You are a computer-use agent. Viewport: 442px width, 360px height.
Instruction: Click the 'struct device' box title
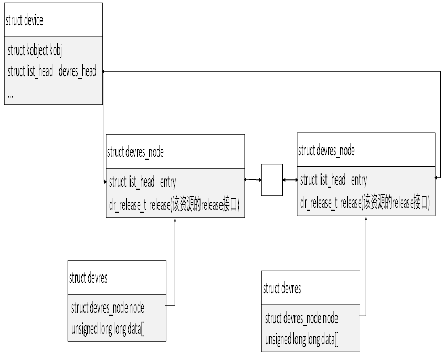point(24,20)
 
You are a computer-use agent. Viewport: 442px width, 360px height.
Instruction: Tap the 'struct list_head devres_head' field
point(52,72)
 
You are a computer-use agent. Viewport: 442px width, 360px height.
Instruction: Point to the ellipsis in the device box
point(11,94)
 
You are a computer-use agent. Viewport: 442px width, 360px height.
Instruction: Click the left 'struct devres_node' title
point(135,153)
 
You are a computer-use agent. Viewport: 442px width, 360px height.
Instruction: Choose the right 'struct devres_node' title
point(327,151)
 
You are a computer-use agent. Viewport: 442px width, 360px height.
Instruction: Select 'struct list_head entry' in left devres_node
point(142,182)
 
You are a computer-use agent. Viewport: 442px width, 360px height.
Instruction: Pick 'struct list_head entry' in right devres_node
point(333,181)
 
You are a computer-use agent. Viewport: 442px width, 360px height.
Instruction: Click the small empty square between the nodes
point(272,180)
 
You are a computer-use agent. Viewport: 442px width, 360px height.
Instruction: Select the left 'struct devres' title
point(88,279)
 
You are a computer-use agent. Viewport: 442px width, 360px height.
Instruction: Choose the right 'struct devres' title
point(281,289)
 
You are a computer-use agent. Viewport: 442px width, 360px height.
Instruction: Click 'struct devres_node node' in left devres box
point(108,308)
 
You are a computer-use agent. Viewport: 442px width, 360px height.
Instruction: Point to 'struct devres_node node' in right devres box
point(301,319)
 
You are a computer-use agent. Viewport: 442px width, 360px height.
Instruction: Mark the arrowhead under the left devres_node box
point(175,220)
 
